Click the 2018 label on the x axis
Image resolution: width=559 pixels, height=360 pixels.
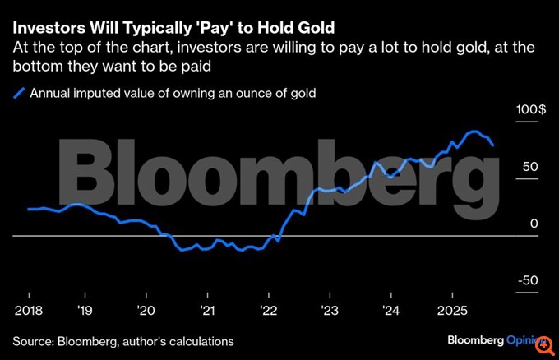click(29, 310)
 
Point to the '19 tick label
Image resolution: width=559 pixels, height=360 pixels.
click(85, 310)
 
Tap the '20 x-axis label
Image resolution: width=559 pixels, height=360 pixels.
click(146, 310)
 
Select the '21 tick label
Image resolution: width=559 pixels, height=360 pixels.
click(207, 310)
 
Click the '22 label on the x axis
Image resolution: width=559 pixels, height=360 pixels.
click(269, 310)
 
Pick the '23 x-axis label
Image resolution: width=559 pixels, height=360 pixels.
click(330, 310)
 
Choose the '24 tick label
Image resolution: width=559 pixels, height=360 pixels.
click(391, 310)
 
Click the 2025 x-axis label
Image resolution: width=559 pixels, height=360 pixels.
click(451, 310)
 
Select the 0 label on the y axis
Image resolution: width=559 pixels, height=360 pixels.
click(534, 224)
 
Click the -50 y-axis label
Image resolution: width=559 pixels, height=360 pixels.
click(527, 280)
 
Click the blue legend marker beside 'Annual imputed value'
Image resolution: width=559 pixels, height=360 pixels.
click(18, 94)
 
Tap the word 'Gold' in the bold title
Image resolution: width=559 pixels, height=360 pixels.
click(311, 14)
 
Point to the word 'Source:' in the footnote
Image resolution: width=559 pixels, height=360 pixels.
click(33, 340)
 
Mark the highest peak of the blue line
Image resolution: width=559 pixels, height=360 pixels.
click(474, 132)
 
